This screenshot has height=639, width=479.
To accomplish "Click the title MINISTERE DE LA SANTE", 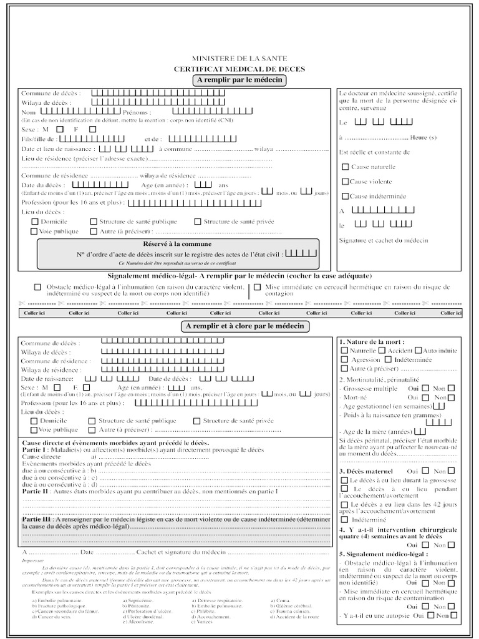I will pyautogui.click(x=239, y=57).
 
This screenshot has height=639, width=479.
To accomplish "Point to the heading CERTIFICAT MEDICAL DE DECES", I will pyautogui.click(x=239, y=69).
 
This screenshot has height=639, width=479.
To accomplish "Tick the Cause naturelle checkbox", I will pyautogui.click(x=346, y=167).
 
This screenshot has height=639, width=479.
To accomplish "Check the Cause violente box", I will pyautogui.click(x=346, y=182).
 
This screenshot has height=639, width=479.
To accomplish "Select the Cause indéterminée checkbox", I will pyautogui.click(x=346, y=196).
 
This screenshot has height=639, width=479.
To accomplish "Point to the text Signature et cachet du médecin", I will pyautogui.click(x=383, y=240).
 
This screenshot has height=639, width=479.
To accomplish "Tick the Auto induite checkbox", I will pyautogui.click(x=419, y=351).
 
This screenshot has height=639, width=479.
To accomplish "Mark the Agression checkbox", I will pyautogui.click(x=345, y=359).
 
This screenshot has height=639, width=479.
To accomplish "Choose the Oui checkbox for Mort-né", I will pyautogui.click(x=425, y=397).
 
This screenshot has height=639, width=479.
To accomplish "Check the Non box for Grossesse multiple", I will pyautogui.click(x=451, y=388).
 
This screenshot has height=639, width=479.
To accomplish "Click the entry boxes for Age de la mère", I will pyautogui.click(x=420, y=431).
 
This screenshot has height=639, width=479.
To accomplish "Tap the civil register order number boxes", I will pyautogui.click(x=304, y=253).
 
